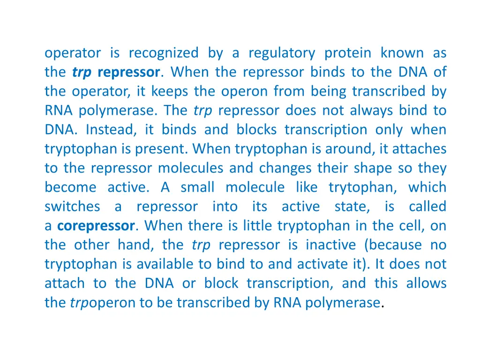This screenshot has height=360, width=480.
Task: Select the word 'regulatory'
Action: (281, 53)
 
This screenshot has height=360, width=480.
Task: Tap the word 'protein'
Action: (347, 53)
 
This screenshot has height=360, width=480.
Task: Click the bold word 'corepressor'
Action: (96, 226)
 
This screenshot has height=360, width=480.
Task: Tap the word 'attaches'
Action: (419, 149)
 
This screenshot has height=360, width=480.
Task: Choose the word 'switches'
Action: (72, 207)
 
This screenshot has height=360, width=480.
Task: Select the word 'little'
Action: (259, 226)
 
